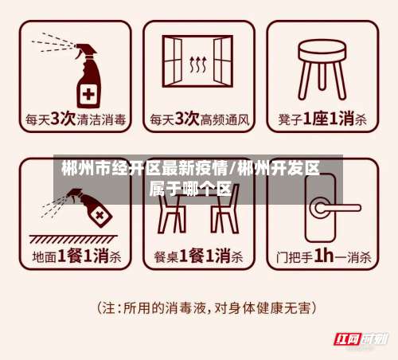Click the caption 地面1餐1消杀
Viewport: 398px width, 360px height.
click(76, 257)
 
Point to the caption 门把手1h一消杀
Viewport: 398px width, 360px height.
click(322, 257)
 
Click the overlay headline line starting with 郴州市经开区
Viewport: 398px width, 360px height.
click(191, 169)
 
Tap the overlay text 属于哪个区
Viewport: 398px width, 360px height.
click(191, 190)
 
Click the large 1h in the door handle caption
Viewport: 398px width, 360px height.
click(323, 256)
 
